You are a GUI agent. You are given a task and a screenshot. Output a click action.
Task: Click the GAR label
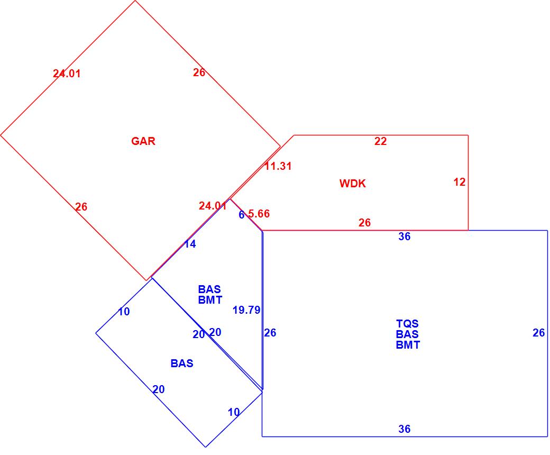pos(143,141)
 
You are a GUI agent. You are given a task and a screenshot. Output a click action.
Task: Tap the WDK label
pos(352,184)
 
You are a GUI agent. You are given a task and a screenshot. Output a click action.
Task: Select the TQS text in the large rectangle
pos(407,323)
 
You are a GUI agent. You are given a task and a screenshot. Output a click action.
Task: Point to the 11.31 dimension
pos(278,166)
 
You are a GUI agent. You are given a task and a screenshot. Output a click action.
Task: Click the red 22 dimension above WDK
pos(380,141)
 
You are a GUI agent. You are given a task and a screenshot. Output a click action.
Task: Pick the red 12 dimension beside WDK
pos(460,182)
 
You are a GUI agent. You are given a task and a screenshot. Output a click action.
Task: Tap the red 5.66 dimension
pos(259,214)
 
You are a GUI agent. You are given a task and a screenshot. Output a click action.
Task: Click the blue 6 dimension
pos(242,215)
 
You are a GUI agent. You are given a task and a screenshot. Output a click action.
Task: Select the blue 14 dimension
pos(190,244)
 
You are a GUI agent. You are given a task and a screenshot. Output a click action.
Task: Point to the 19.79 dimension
pos(246,310)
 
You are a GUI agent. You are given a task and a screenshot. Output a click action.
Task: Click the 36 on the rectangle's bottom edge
pos(404,429)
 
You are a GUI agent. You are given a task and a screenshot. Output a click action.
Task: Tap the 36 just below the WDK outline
pos(404,236)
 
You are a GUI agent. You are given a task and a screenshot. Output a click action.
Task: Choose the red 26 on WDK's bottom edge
pos(364,223)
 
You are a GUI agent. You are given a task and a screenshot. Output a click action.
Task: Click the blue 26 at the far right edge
pos(538,333)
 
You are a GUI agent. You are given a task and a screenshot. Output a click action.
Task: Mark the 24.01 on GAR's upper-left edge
pos(67,74)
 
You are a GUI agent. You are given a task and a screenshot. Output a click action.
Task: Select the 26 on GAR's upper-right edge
pos(199,72)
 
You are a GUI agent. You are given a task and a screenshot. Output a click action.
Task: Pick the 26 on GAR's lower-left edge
pos(81,207)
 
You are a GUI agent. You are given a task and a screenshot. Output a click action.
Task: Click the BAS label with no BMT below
pos(182,363)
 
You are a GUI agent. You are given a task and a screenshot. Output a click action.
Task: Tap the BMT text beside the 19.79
pos(210,299)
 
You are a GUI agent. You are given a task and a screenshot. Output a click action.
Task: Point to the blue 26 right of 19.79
pos(270,333)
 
